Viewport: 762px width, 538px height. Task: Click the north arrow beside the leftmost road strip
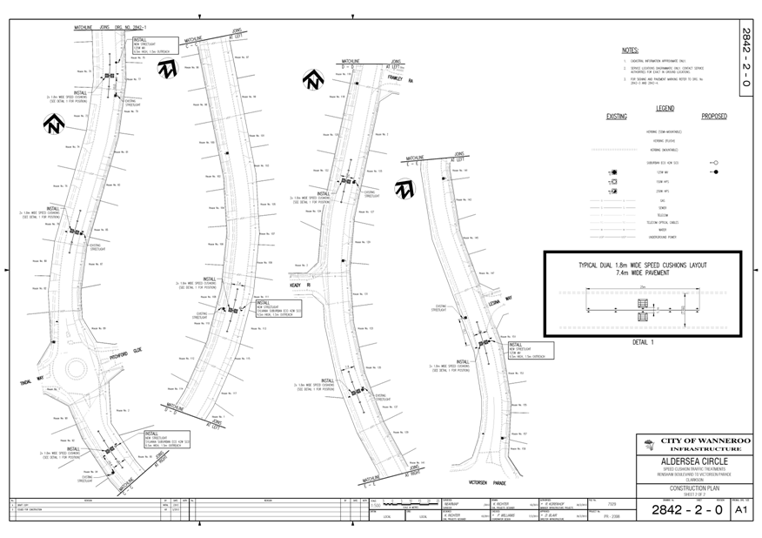click(54, 124)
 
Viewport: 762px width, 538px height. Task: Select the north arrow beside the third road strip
click(312, 80)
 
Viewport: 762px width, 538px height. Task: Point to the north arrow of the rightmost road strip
click(404, 189)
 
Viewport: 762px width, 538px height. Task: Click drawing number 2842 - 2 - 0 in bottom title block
click(687, 510)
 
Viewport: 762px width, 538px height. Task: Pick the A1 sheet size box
click(741, 510)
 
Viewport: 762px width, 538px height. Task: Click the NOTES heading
click(631, 51)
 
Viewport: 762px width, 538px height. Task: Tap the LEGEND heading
click(665, 109)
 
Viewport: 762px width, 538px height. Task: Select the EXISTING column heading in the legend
click(617, 116)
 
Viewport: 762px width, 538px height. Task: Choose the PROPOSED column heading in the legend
click(713, 116)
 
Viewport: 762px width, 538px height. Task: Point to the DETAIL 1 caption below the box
click(643, 342)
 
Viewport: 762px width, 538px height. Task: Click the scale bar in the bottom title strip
click(405, 503)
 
